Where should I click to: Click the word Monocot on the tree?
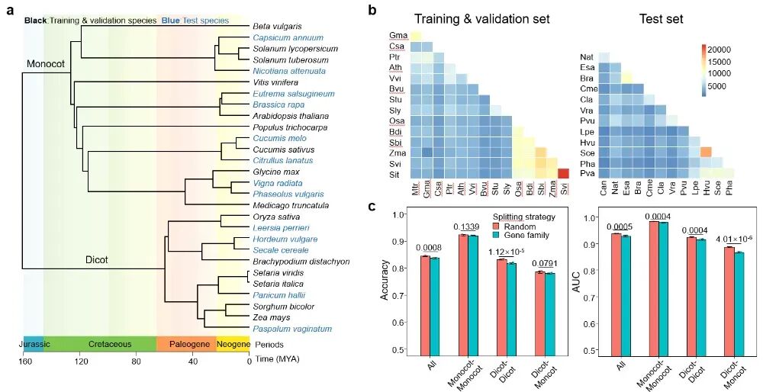click(x=48, y=65)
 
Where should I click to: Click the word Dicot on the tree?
click(x=96, y=260)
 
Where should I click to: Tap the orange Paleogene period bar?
click(x=186, y=344)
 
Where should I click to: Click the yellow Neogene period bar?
click(x=233, y=344)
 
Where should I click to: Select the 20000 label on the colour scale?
click(x=724, y=50)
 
